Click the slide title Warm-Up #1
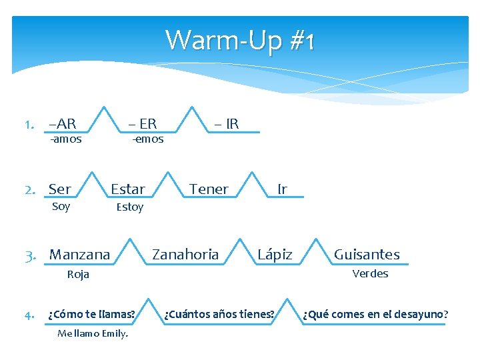coord(239,40)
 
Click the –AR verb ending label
coord(63,123)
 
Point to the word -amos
coord(66,139)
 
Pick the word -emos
coord(147,139)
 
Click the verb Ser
coord(60,189)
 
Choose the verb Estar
coord(127,189)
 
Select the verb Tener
coord(209,189)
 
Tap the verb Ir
coord(282,189)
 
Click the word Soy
coord(61,206)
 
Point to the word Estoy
coord(129,207)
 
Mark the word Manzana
coord(80,255)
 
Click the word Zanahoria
coord(185,254)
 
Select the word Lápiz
coord(275,255)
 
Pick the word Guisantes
coord(367,255)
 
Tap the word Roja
coord(78,274)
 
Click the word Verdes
coord(370,273)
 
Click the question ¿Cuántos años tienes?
coord(219,314)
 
